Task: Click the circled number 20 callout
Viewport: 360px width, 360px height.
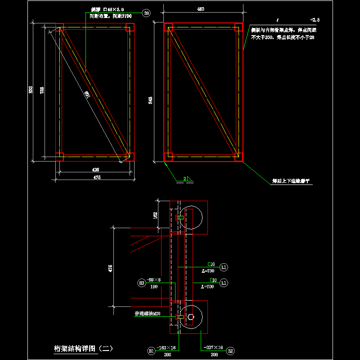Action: pyautogui.click(x=147, y=13)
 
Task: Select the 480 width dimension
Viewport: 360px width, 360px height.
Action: pyautogui.click(x=201, y=9)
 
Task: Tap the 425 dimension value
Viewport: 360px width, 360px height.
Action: pyautogui.click(x=95, y=170)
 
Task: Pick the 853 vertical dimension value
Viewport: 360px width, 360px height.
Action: pyautogui.click(x=31, y=90)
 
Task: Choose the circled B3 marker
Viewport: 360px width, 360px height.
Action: pyautogui.click(x=142, y=283)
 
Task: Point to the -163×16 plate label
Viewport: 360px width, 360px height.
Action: pyautogui.click(x=167, y=348)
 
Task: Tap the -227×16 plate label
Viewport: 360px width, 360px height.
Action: pyautogui.click(x=213, y=347)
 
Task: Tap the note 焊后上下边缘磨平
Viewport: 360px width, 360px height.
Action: pyautogui.click(x=291, y=181)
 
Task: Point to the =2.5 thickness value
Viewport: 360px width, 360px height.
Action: pyautogui.click(x=315, y=20)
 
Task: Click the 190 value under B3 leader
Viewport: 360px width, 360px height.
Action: pyautogui.click(x=154, y=286)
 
